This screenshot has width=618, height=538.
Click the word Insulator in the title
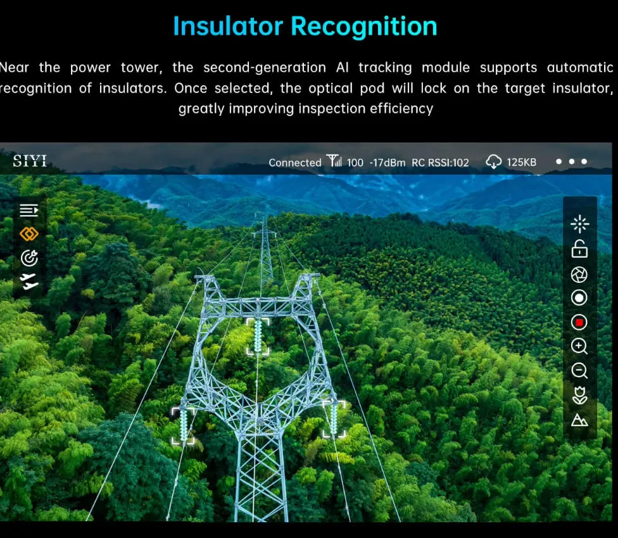tap(228, 27)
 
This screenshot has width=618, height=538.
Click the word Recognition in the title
tap(364, 27)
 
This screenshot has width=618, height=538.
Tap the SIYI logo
tap(30, 161)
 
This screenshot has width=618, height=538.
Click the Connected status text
tap(295, 162)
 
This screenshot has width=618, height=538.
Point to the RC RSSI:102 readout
tap(440, 162)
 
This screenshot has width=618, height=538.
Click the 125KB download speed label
tap(522, 162)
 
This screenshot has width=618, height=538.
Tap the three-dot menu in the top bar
tap(572, 161)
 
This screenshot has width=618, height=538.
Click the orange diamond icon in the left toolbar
tap(29, 234)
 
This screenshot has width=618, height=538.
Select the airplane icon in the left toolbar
tap(29, 282)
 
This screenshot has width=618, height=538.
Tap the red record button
tap(579, 323)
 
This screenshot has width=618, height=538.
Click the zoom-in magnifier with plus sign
tap(579, 347)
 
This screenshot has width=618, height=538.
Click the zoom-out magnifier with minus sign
tap(579, 371)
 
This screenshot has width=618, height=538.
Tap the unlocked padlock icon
tap(579, 249)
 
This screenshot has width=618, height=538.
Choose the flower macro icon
tap(579, 396)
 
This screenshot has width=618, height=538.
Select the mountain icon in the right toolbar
tap(579, 420)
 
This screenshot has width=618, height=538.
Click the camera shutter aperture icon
tap(579, 275)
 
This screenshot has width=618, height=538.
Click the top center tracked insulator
tap(258, 336)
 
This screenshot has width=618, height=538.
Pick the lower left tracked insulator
tap(183, 425)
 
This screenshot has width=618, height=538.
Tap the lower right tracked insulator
tap(334, 419)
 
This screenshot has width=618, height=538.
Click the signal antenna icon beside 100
tap(334, 161)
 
